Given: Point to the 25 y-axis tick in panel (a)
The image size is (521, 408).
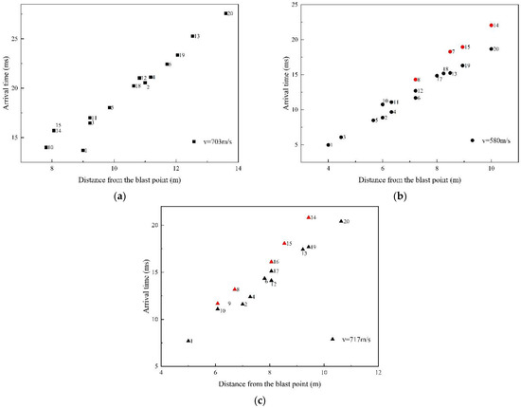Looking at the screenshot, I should (x=35, y=39).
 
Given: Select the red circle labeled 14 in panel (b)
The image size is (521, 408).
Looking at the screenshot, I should (x=491, y=26).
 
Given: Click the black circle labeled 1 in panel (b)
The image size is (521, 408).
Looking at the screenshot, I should (x=329, y=145).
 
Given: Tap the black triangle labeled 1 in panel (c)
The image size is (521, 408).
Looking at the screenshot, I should (x=189, y=341).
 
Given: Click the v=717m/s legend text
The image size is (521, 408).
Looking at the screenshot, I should (x=355, y=339).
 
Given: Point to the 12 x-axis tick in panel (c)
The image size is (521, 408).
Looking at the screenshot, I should (x=378, y=374).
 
